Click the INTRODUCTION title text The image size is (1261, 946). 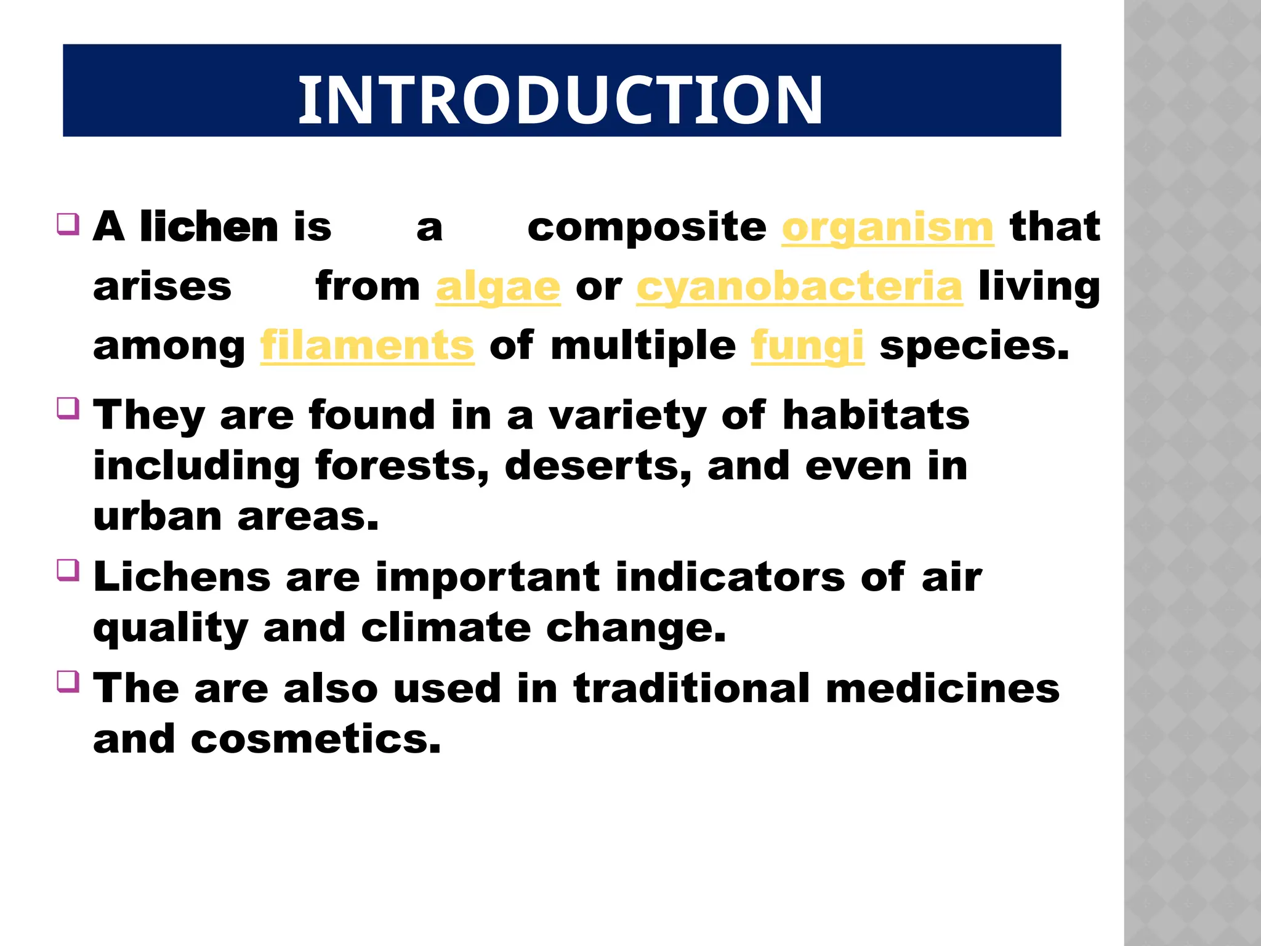pyautogui.click(x=560, y=100)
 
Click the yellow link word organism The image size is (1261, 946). pyautogui.click(x=887, y=228)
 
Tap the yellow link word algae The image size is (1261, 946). pyautogui.click(x=498, y=288)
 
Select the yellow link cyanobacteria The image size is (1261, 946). pyautogui.click(x=799, y=288)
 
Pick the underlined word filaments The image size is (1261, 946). pyautogui.click(x=367, y=346)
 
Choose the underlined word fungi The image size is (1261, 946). pyautogui.click(x=807, y=346)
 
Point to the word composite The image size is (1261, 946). pyautogui.click(x=647, y=228)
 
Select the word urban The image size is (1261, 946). pyautogui.click(x=157, y=517)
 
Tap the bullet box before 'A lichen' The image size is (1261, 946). pyautogui.click(x=68, y=224)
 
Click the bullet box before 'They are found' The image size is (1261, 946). pyautogui.click(x=68, y=408)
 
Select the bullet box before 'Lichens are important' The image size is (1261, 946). pyautogui.click(x=68, y=570)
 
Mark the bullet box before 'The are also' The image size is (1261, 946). pyautogui.click(x=68, y=681)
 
